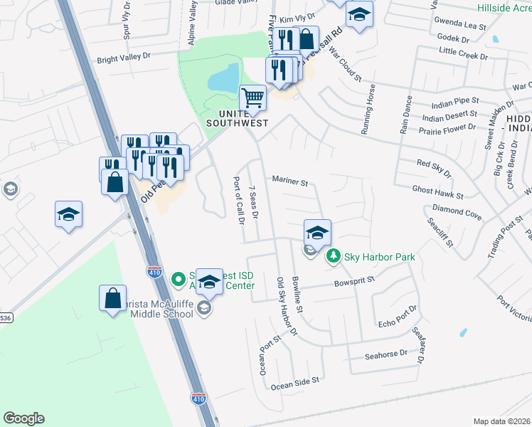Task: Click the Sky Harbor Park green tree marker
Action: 331,256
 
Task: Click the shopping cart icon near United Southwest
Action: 252,97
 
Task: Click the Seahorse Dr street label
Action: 385,354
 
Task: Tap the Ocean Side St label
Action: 294,382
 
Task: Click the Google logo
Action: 23,418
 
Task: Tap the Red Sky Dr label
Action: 434,167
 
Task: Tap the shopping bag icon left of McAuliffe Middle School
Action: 113,300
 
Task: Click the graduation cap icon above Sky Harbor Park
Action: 317,231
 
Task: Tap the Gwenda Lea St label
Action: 462,26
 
